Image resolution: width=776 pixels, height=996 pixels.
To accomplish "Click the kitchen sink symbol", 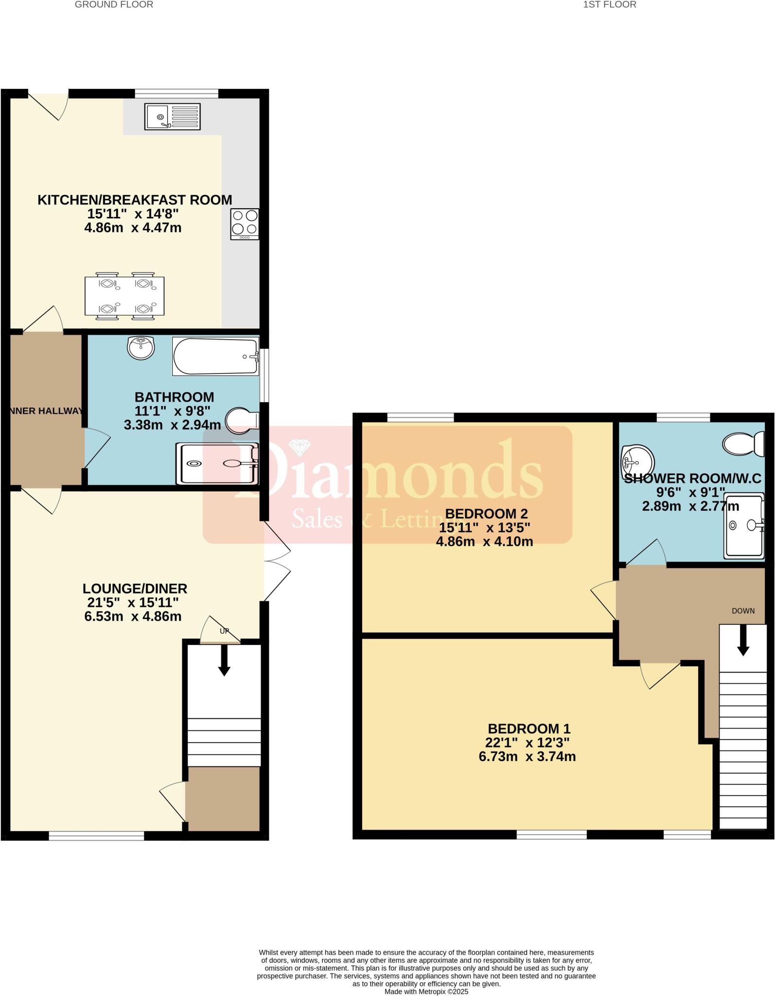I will click(x=172, y=117).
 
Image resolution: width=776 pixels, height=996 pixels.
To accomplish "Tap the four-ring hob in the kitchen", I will click(x=245, y=224).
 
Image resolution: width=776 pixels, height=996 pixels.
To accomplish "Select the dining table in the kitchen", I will click(x=124, y=296).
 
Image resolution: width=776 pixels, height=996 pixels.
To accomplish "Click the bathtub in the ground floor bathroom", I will click(x=215, y=356).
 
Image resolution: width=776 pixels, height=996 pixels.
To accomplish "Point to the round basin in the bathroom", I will click(x=141, y=348).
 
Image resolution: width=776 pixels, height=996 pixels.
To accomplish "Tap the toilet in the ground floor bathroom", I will click(x=242, y=420).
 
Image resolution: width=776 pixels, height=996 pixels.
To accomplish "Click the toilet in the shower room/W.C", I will click(x=743, y=444).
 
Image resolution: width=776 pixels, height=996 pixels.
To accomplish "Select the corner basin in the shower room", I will click(x=637, y=461).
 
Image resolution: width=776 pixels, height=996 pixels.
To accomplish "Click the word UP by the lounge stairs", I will click(x=224, y=631).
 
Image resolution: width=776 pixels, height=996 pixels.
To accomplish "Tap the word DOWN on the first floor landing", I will click(x=743, y=611).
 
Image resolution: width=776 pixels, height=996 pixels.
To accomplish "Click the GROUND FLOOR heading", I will click(x=114, y=5).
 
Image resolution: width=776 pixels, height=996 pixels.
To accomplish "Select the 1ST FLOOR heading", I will click(x=609, y=5).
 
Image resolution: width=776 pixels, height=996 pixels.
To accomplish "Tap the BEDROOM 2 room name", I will click(x=486, y=514).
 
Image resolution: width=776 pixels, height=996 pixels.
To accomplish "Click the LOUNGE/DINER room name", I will click(x=135, y=588).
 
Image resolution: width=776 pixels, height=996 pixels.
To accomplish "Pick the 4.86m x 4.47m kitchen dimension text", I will click(x=133, y=228).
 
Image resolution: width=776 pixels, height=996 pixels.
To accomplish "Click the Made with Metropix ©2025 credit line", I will click(x=426, y=991).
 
